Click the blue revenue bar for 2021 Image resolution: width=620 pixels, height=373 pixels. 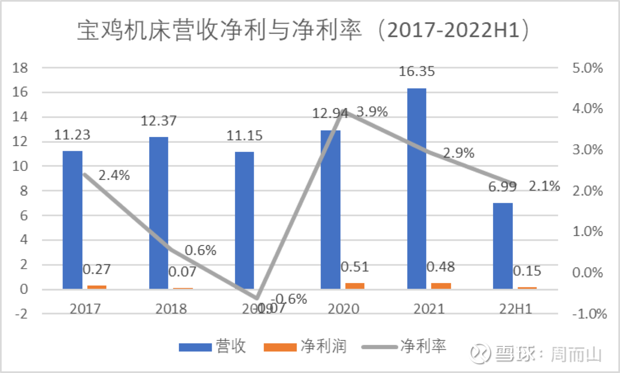pos(416,189)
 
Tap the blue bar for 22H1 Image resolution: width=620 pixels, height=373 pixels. pos(502,246)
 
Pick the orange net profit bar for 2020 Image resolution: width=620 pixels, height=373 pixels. pos(355,286)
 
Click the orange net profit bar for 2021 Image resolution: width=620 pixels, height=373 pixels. pos(441,286)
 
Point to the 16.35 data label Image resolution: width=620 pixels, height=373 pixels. pos(417,71)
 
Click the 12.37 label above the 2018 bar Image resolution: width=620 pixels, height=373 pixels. pos(158,121)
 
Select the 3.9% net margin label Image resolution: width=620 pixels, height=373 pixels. pos(372,112)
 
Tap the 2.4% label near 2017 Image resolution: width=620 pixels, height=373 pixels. pos(114,175)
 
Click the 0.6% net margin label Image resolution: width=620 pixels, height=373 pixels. pos(200,250)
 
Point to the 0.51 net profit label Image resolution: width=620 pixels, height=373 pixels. pos(354,267)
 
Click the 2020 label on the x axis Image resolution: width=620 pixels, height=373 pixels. pos(343,309)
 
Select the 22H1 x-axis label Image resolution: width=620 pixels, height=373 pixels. pos(515,309)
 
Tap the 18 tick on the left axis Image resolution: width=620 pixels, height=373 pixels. pos(20,68)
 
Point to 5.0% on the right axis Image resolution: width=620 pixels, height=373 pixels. pos(587,68)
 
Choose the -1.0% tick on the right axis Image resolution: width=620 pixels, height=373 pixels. pos(589,314)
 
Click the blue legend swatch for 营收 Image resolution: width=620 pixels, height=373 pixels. pos(195,347)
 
